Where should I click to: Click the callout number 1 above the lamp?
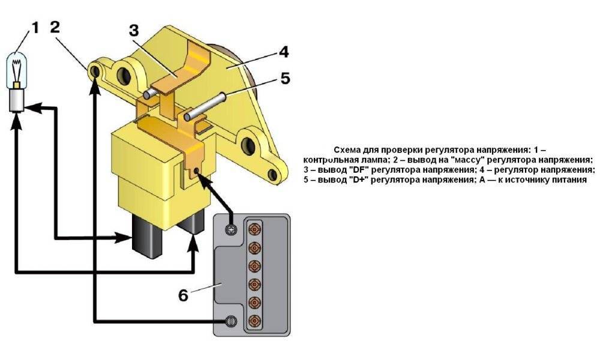click(x=35, y=28)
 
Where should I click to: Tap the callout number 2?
click(x=55, y=27)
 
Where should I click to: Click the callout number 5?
click(x=284, y=79)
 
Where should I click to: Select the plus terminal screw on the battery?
click(x=230, y=230)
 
